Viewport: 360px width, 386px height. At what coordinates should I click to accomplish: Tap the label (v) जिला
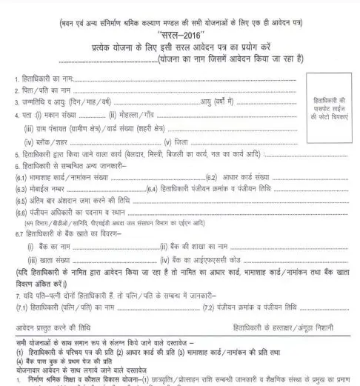coord(175,142)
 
